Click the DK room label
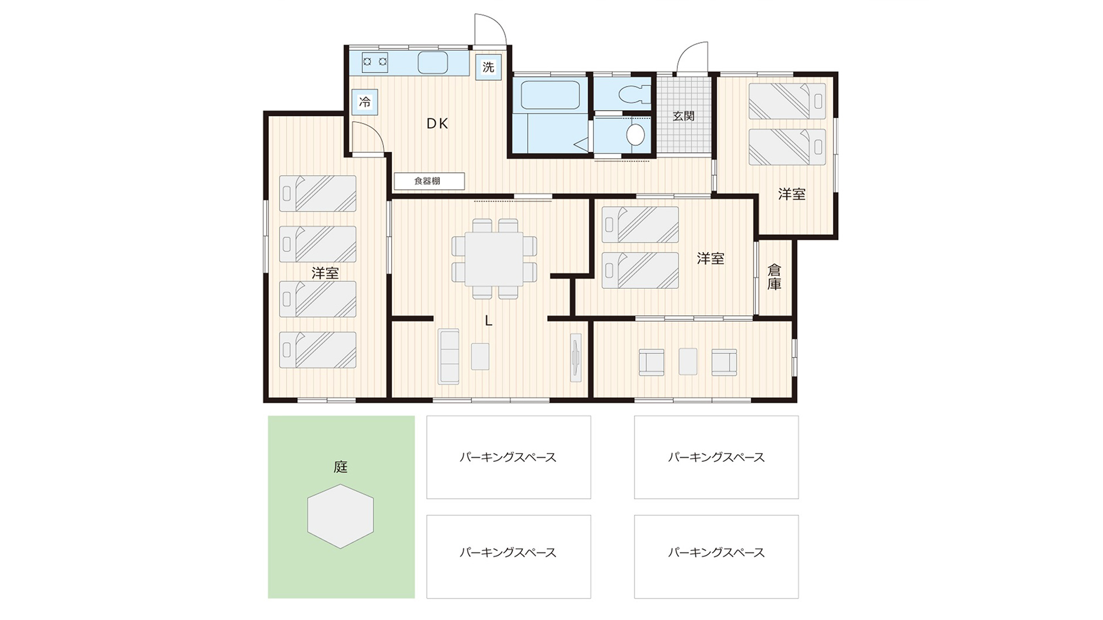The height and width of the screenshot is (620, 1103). point(437,124)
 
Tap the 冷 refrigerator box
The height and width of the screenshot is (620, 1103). point(365,102)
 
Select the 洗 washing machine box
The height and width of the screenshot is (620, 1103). point(489,67)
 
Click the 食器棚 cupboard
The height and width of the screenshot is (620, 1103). point(429,181)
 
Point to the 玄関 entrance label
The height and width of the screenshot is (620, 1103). point(683,116)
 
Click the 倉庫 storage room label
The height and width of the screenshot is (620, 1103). point(774,277)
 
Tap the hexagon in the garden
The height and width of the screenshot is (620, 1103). point(341,516)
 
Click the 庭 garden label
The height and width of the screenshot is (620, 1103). point(341,467)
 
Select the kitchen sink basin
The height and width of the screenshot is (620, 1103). point(433,63)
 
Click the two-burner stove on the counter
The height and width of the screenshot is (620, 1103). point(375,62)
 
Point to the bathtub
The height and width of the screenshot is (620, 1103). point(550,95)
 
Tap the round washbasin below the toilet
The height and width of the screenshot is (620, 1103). point(636,134)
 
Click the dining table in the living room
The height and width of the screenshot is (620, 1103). point(494,259)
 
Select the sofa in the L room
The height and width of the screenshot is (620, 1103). point(449,356)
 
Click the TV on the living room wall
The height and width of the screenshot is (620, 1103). point(576,358)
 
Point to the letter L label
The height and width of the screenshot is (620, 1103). point(489,321)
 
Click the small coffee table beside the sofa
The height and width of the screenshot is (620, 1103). point(480,357)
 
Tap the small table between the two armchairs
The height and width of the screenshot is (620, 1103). point(688,362)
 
